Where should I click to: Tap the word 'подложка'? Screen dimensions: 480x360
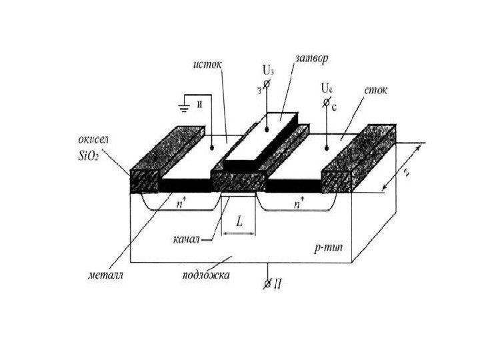click(207, 273)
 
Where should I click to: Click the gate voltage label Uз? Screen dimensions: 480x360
click(268, 69)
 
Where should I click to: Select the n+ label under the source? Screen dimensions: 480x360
click(181, 204)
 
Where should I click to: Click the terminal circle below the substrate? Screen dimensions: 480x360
click(267, 285)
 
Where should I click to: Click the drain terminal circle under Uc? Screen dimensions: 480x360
click(326, 103)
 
